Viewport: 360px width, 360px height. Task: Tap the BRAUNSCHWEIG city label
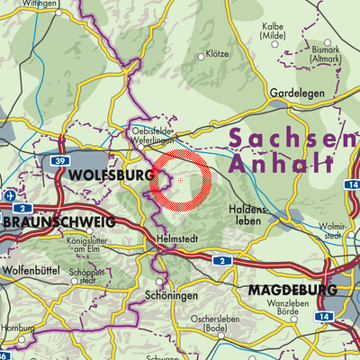click(x=58, y=221)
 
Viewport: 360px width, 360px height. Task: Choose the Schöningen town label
click(x=166, y=293)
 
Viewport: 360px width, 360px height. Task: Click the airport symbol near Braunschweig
click(x=8, y=195)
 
